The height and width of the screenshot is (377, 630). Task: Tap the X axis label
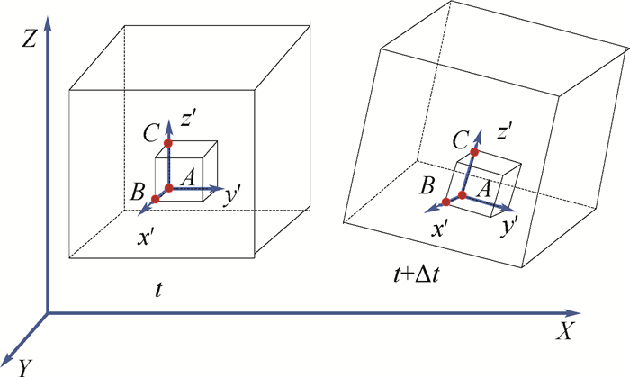pyautogui.click(x=565, y=331)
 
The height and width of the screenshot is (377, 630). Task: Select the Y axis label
pyautogui.click(x=26, y=365)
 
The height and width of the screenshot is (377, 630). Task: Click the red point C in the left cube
pyautogui.click(x=167, y=143)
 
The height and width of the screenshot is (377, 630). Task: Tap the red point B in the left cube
pyautogui.click(x=155, y=198)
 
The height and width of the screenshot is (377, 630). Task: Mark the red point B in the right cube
pyautogui.click(x=447, y=201)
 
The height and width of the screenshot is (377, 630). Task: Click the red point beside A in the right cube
pyautogui.click(x=463, y=194)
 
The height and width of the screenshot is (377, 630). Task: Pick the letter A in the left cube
pyautogui.click(x=188, y=178)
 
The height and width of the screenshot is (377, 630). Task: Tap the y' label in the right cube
pyautogui.click(x=509, y=225)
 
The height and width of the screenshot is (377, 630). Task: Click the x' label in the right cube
pyautogui.click(x=440, y=229)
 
